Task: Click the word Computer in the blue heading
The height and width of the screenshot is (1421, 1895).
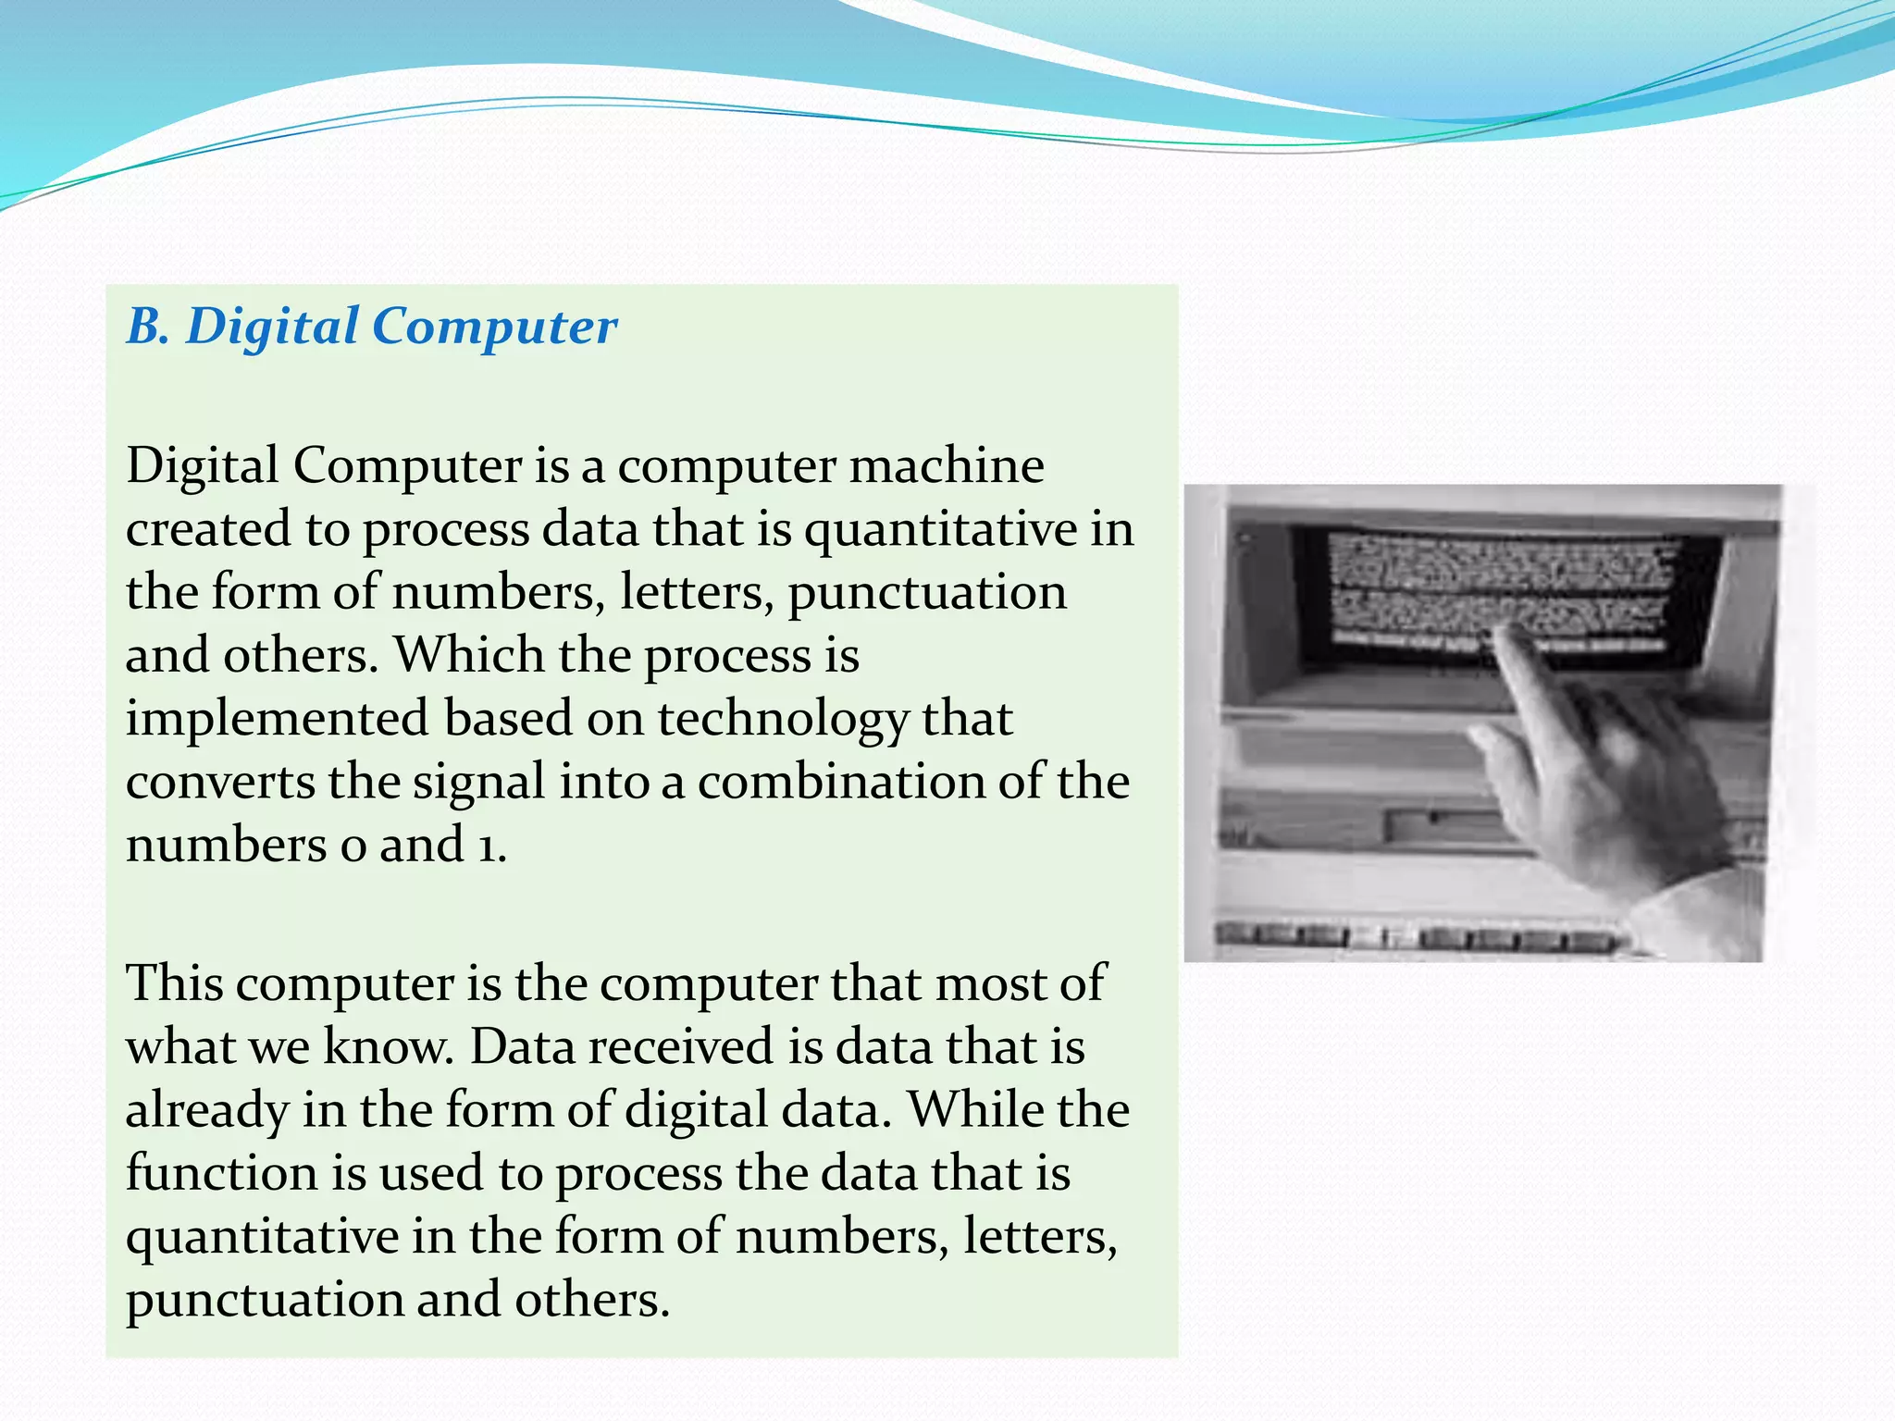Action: [495, 328]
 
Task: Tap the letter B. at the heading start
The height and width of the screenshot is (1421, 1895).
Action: [148, 328]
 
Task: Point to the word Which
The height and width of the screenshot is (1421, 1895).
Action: [469, 655]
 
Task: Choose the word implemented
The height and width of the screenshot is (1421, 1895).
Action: [277, 720]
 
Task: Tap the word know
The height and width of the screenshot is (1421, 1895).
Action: [389, 1047]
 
